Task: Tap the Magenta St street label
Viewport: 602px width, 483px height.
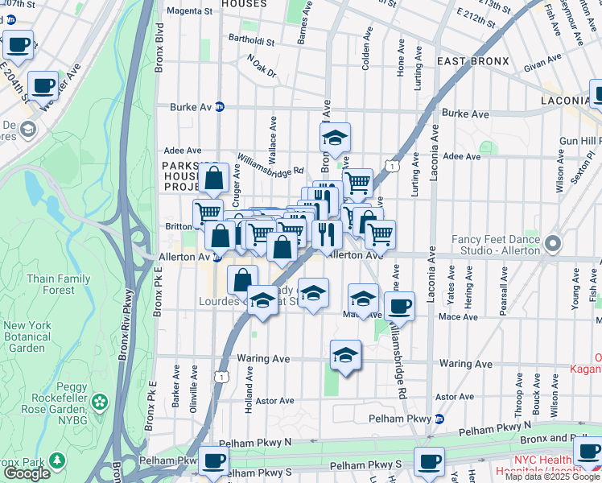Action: click(x=190, y=12)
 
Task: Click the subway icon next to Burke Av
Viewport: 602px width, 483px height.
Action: click(x=219, y=106)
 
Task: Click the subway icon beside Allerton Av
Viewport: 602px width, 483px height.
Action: click(x=217, y=257)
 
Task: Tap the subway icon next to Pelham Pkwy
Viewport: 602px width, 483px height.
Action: click(x=439, y=419)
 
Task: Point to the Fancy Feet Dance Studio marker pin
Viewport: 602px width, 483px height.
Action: click(x=551, y=242)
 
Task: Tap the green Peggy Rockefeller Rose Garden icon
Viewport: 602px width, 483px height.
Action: click(x=99, y=401)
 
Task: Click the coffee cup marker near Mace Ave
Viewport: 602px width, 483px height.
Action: click(x=399, y=305)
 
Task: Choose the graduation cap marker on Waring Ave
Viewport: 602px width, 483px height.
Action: click(x=345, y=353)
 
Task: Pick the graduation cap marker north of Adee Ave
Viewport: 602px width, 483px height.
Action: click(x=335, y=136)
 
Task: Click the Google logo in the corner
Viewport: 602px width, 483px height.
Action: click(x=27, y=473)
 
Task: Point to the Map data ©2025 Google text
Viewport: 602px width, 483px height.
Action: click(x=552, y=477)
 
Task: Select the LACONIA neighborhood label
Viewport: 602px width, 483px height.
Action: click(x=563, y=101)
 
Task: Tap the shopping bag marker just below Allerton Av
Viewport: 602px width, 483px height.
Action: click(x=242, y=279)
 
